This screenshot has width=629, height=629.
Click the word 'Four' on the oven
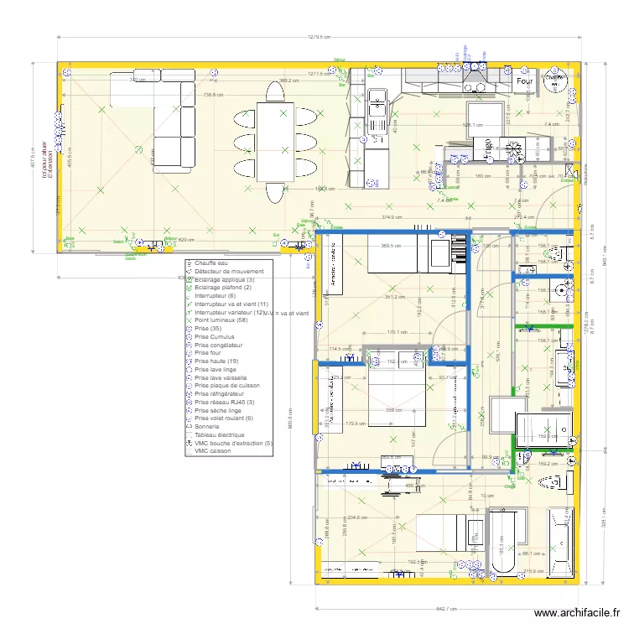525,82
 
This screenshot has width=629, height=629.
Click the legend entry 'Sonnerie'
208,427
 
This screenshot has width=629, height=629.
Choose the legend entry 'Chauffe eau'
212,263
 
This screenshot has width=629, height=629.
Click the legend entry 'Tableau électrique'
220,435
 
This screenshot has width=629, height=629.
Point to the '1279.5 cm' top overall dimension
320,37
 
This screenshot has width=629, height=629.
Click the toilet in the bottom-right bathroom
549,483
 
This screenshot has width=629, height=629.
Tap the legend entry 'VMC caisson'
213,451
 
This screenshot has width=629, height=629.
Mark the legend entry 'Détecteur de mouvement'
229,272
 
